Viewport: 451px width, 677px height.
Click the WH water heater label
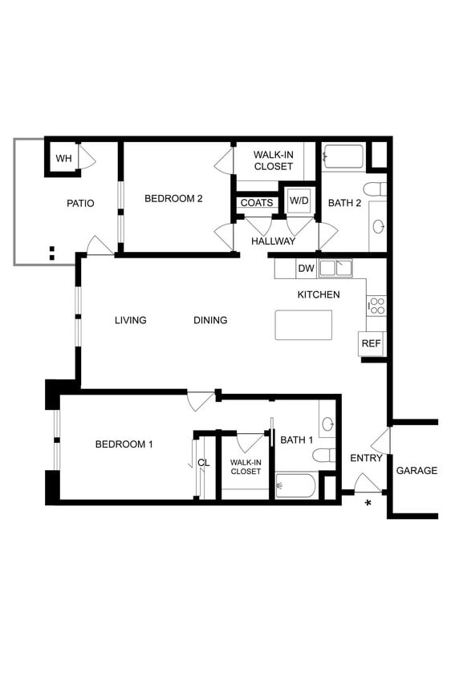tap(63, 159)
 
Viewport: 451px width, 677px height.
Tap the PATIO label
tap(79, 203)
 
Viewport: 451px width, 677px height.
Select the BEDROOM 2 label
tap(173, 198)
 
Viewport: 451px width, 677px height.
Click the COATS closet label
tap(257, 203)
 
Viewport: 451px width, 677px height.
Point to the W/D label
tap(299, 200)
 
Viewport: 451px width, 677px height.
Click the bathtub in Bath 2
tap(343, 156)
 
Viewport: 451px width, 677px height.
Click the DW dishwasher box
tap(306, 269)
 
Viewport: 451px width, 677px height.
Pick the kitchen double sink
tap(335, 269)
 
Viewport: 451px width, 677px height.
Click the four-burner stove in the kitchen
tap(376, 305)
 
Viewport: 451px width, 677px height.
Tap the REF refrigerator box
tap(371, 343)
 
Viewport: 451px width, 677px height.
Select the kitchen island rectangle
tap(303, 325)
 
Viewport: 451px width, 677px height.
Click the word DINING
tap(210, 320)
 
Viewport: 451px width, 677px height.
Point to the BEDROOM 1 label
tap(124, 444)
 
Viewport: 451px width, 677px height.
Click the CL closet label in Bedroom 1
tap(204, 463)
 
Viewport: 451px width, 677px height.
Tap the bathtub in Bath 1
tap(295, 485)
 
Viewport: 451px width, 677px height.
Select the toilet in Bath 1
tap(323, 456)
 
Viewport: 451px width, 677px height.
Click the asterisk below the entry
tap(368, 503)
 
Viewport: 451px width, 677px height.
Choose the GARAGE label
tap(416, 470)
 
